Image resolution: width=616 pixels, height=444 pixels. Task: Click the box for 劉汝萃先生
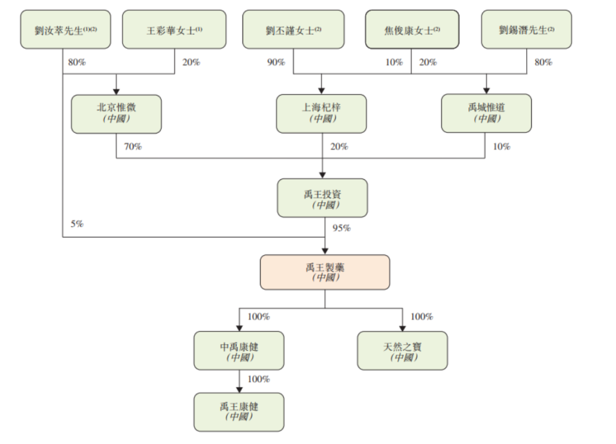pos(64,30)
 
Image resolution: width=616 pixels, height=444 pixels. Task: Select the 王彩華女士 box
pos(174,30)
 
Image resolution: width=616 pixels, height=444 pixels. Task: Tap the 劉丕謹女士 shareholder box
pos(294,30)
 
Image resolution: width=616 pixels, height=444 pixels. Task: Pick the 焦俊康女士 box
pos(412,30)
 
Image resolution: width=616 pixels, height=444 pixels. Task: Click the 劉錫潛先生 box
pos(526,30)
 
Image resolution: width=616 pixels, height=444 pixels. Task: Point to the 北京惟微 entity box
pos(116,114)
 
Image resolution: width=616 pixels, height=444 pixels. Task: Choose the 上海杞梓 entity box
pos(321,114)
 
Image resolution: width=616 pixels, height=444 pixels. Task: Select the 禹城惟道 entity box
pos(486,114)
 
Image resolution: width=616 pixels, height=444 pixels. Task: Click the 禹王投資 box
pos(322,198)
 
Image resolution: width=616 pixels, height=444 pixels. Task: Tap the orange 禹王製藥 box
pos(325,272)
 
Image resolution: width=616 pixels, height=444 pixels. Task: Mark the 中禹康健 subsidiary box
pos(239,351)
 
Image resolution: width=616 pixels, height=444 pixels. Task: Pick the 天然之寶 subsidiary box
pos(402,351)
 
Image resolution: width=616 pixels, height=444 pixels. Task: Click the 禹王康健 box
pos(239,412)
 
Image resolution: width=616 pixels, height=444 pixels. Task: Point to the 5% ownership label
pos(77,224)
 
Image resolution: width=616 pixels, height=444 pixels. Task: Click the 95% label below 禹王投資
pos(341,228)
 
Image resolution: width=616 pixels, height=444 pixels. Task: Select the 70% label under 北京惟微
pos(132,147)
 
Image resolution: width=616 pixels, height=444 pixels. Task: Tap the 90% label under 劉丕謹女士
pos(277,62)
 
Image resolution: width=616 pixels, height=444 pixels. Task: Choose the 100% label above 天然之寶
pos(422,317)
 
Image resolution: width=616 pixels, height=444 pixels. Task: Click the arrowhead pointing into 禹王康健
pos(239,389)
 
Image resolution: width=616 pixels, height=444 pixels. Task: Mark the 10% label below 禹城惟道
pos(502,147)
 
